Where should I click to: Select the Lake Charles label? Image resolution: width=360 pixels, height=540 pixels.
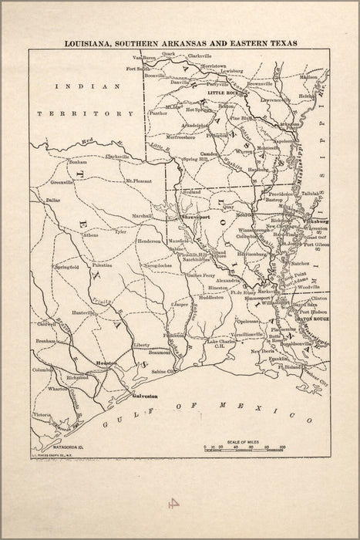224,341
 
